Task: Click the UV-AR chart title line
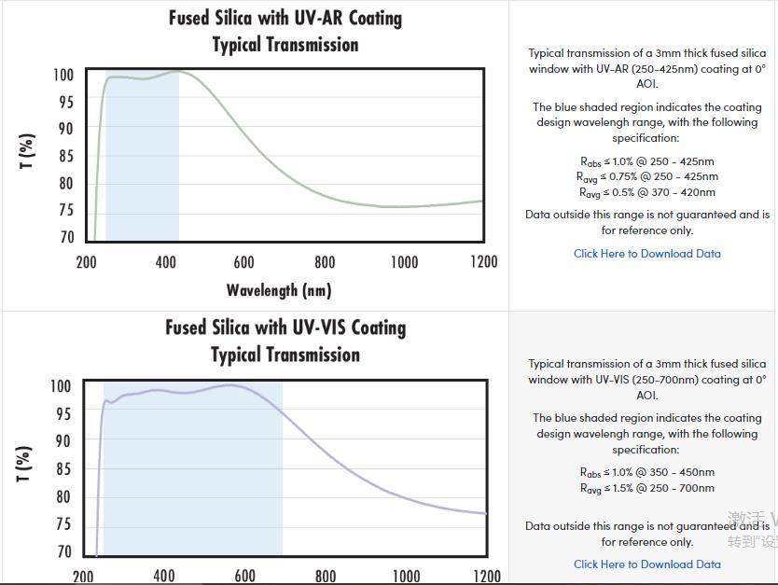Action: tap(285, 19)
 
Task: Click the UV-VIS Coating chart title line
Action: tap(285, 328)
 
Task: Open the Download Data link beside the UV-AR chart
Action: tap(646, 253)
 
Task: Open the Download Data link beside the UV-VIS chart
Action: tap(646, 564)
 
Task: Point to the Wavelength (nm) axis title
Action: tap(278, 290)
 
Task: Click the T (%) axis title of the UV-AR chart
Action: tap(28, 152)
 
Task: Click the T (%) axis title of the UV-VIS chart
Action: tap(25, 464)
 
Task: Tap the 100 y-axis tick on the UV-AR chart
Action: tap(63, 75)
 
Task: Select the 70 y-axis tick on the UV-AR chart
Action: tap(66, 237)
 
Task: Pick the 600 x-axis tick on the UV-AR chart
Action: tap(244, 262)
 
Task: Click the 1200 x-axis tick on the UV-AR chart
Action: tap(482, 262)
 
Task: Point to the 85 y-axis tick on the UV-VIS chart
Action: tap(62, 469)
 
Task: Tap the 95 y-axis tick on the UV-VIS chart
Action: tap(62, 413)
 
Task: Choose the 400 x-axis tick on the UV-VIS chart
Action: tap(163, 576)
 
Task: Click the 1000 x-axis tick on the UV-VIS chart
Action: tap(406, 576)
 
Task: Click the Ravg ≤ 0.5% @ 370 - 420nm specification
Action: tap(646, 192)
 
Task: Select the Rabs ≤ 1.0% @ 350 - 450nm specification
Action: tap(646, 472)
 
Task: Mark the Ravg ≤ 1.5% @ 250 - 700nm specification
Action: tap(646, 488)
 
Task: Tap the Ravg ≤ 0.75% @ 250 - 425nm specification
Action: tap(646, 176)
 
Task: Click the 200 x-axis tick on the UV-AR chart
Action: tap(86, 262)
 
